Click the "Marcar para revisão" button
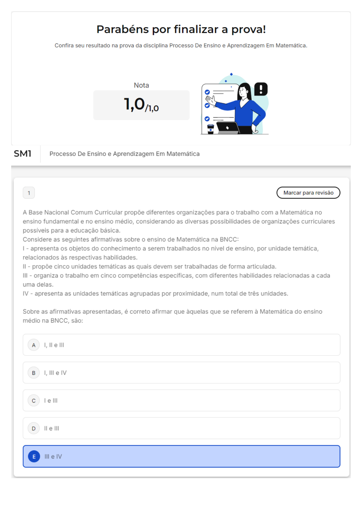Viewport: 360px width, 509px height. [308, 193]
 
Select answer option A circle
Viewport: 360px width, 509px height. [34, 345]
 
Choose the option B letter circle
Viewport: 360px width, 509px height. [34, 373]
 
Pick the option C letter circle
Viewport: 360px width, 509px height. [34, 400]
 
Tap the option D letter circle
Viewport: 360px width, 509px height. [34, 428]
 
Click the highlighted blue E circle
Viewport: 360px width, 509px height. [34, 456]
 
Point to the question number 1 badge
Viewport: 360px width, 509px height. [29, 193]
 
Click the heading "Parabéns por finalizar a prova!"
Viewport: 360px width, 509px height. [181, 29]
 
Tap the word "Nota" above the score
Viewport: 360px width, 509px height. [141, 85]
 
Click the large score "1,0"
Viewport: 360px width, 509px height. [135, 104]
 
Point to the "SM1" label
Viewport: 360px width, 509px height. [23, 154]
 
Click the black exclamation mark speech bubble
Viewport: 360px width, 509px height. [261, 89]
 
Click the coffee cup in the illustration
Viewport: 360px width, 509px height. [210, 129]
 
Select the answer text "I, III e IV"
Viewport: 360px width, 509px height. [55, 373]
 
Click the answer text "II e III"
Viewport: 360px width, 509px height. [52, 428]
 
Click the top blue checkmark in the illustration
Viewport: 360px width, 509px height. [207, 92]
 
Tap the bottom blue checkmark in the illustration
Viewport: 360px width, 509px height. [207, 119]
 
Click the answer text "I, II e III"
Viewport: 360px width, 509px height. [54, 345]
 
